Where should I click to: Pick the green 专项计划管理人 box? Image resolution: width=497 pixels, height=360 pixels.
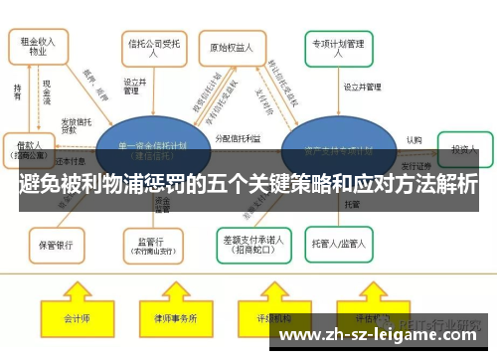point(338,47)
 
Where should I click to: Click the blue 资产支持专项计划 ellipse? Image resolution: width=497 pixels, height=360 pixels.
point(333,150)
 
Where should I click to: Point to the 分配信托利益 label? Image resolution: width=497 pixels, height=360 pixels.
point(238,139)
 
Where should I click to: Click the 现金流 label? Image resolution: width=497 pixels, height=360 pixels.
point(47,93)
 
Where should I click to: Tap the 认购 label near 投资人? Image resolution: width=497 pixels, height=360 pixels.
point(414,140)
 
